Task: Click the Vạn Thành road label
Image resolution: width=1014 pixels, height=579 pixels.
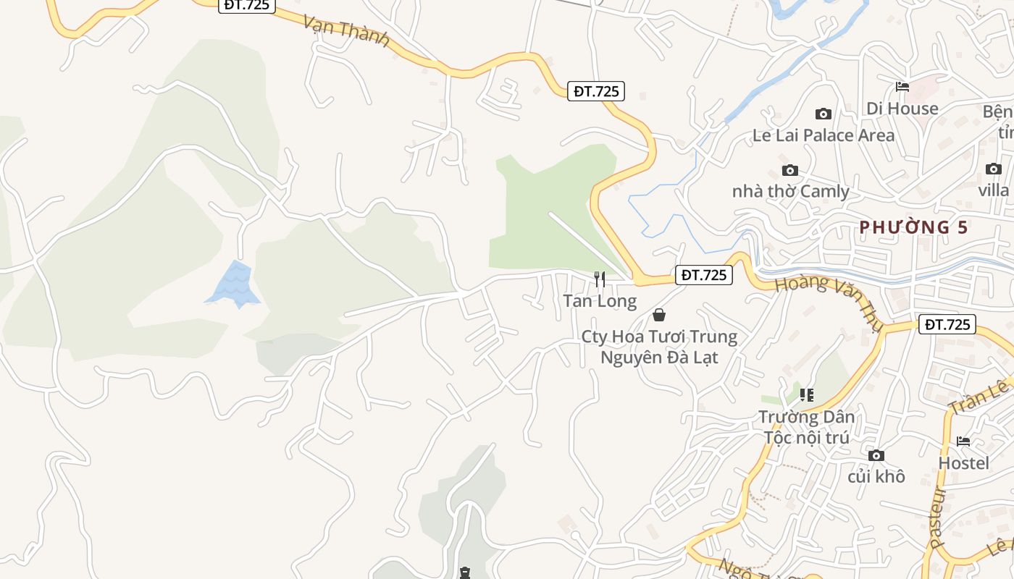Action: point(346,31)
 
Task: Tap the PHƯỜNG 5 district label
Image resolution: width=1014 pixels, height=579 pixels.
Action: point(913,227)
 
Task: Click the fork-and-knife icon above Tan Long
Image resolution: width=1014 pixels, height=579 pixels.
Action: point(600,279)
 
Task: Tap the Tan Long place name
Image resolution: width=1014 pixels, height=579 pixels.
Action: point(600,301)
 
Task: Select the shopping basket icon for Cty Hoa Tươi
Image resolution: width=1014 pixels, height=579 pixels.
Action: point(659,315)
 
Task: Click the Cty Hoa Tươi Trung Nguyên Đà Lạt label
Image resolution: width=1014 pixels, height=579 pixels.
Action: point(659,347)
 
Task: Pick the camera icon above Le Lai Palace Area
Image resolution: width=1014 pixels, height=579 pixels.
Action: point(823,114)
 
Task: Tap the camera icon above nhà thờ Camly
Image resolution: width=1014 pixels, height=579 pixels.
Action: point(790,171)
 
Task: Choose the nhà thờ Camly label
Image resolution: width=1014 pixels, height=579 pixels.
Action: point(790,192)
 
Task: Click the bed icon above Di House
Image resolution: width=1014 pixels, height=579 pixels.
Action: point(902,87)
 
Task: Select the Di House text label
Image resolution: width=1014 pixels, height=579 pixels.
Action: point(902,109)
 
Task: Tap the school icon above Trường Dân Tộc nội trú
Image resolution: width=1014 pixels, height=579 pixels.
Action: point(806,395)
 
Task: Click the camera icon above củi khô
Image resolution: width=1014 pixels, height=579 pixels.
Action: point(876,455)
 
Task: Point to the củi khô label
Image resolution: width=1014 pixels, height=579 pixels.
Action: point(876,476)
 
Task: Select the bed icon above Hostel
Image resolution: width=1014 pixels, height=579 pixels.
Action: point(963,441)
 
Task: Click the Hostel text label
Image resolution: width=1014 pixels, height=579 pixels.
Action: point(963,462)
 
